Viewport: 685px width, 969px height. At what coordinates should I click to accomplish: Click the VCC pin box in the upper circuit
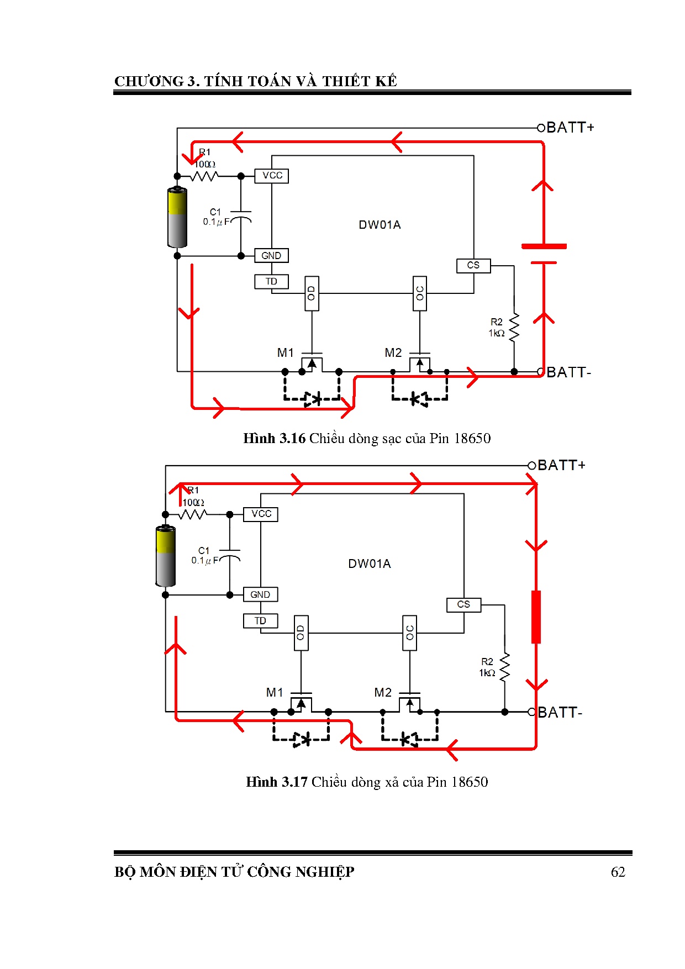(272, 176)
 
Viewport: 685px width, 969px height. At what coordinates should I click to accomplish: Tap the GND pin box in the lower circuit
(260, 594)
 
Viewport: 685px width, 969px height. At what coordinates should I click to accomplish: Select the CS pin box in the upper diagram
(473, 266)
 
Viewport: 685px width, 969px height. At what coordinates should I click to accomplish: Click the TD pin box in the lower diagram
(260, 621)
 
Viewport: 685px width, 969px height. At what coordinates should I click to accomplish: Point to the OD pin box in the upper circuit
(312, 293)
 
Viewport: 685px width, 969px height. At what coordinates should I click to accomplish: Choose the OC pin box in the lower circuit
(409, 633)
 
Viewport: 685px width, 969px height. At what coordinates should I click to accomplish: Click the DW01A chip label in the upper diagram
(380, 225)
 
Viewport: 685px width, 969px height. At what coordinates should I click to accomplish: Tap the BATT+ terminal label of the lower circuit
(561, 465)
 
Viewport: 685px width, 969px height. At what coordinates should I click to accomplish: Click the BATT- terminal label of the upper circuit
(569, 372)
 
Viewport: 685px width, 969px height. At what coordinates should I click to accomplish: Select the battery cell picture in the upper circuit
(177, 217)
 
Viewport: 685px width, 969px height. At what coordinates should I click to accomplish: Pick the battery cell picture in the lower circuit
(165, 556)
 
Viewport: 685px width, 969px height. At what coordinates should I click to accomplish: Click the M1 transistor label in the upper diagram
(286, 352)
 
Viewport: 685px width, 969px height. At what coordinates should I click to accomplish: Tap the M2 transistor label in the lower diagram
(383, 692)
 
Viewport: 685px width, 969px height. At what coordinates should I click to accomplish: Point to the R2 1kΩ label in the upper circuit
(497, 328)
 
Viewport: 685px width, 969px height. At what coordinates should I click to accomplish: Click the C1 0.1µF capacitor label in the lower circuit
(205, 556)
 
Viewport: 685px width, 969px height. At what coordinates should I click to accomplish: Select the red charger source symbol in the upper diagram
(544, 254)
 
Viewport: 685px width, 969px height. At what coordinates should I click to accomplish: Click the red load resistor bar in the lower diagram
(536, 617)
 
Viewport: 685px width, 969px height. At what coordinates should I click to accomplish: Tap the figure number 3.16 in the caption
(292, 439)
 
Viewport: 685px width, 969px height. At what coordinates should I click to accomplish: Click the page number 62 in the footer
(618, 872)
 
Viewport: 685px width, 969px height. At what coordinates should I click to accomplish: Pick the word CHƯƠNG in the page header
(149, 81)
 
